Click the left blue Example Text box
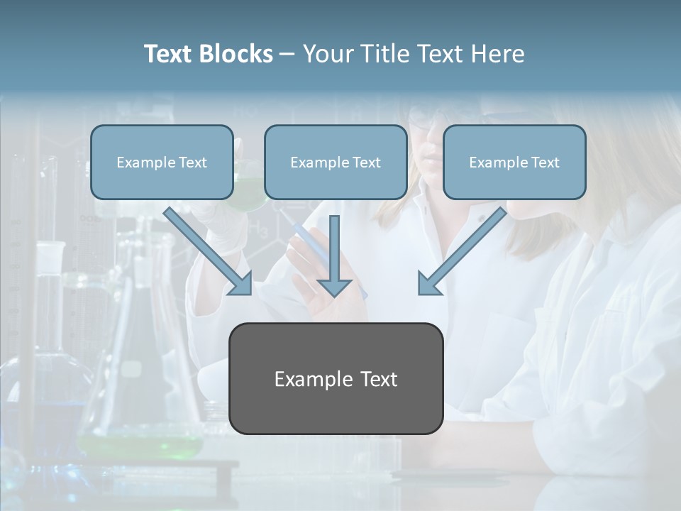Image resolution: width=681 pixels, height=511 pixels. (162, 162)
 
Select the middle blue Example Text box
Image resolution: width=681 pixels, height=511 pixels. (336, 162)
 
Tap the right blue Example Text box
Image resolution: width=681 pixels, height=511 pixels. (514, 162)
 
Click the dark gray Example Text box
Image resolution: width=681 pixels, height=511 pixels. (336, 378)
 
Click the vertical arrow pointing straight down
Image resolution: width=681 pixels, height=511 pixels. (334, 255)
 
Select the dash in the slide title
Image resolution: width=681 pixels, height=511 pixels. (287, 55)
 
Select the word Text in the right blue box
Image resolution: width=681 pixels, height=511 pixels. (545, 162)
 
